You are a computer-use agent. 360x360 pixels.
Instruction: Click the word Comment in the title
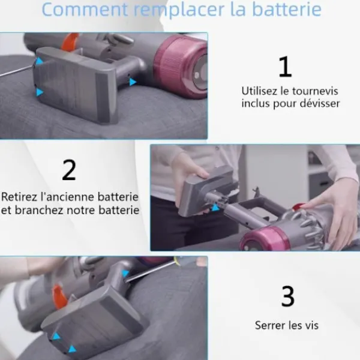point(85,10)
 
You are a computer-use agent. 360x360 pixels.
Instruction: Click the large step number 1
point(285,67)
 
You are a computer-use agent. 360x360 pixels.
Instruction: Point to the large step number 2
point(69,170)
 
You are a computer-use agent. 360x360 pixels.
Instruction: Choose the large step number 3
point(287,296)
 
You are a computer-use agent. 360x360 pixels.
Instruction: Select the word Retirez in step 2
point(19,197)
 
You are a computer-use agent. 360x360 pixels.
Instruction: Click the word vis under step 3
point(311,325)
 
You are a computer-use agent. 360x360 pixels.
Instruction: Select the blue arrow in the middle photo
point(215,208)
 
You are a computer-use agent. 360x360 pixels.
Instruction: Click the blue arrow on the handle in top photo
point(133,82)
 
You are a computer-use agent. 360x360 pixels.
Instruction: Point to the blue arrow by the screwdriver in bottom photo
point(126,274)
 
